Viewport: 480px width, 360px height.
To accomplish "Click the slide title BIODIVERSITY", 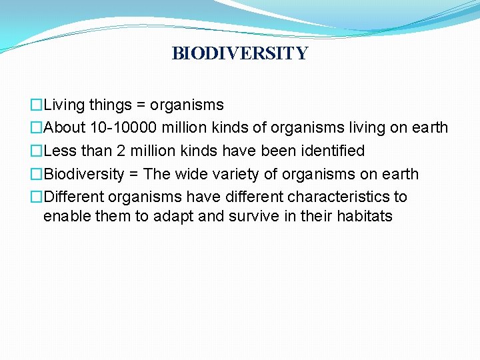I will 240,53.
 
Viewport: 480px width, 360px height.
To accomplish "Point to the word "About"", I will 63,128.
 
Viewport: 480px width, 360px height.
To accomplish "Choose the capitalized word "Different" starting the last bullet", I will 74,197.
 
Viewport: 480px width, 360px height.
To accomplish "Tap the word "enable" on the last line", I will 65,216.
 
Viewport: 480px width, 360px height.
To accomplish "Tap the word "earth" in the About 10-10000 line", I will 429,128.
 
